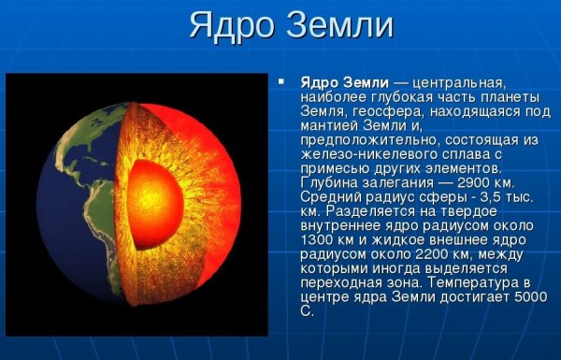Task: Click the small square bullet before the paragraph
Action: [280, 81]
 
